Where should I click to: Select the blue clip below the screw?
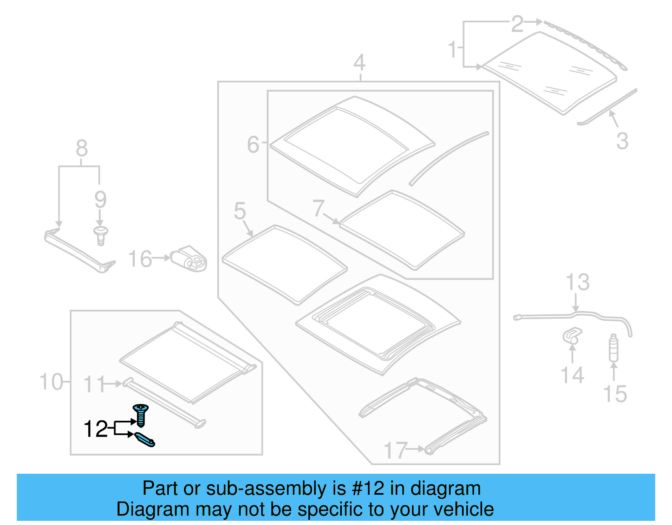pyautogui.click(x=145, y=440)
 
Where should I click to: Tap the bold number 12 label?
pyautogui.click(x=96, y=429)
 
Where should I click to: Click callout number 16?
pyautogui.click(x=140, y=259)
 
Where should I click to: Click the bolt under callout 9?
pyautogui.click(x=100, y=235)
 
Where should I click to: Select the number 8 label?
pyautogui.click(x=81, y=148)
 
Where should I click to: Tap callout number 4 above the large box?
pyautogui.click(x=359, y=63)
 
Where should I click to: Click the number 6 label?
pyautogui.click(x=253, y=145)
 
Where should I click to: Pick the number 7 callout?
pyautogui.click(x=318, y=208)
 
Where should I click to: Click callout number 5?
pyautogui.click(x=240, y=211)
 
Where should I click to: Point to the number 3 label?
pyautogui.click(x=622, y=141)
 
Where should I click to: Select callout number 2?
pyautogui.click(x=517, y=24)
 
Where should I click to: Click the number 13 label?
pyautogui.click(x=577, y=282)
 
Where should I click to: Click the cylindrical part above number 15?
pyautogui.click(x=614, y=348)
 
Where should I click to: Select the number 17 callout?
pyautogui.click(x=396, y=450)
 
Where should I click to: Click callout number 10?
pyautogui.click(x=51, y=382)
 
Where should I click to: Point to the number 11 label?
pyautogui.click(x=94, y=384)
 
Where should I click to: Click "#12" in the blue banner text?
pyautogui.click(x=368, y=488)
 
